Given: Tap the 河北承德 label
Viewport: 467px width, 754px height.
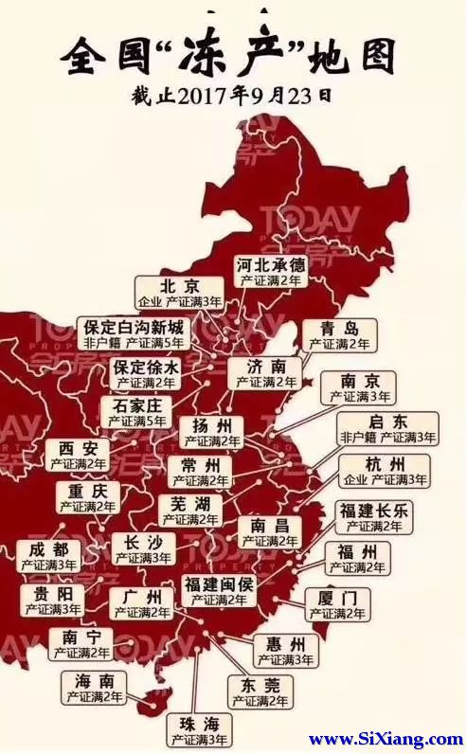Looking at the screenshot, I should coord(270,272).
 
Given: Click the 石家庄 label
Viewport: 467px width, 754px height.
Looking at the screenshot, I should coord(137,411).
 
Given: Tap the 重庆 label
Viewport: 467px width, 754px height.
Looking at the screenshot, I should coord(87,498).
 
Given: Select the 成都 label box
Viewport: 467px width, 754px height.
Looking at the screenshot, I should coord(48,556).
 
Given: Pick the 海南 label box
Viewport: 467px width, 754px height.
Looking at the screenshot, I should coord(95,688).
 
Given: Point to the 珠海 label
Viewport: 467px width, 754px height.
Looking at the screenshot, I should coord(199,730).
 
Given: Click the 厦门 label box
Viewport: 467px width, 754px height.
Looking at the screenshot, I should coord(338,604).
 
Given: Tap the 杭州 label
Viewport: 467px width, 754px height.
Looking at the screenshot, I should coord(385,471).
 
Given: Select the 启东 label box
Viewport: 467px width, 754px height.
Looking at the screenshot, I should coord(388,428).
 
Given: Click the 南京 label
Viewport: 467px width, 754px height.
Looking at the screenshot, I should coord(358,387).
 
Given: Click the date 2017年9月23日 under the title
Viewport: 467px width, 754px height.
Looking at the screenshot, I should coord(232,96).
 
